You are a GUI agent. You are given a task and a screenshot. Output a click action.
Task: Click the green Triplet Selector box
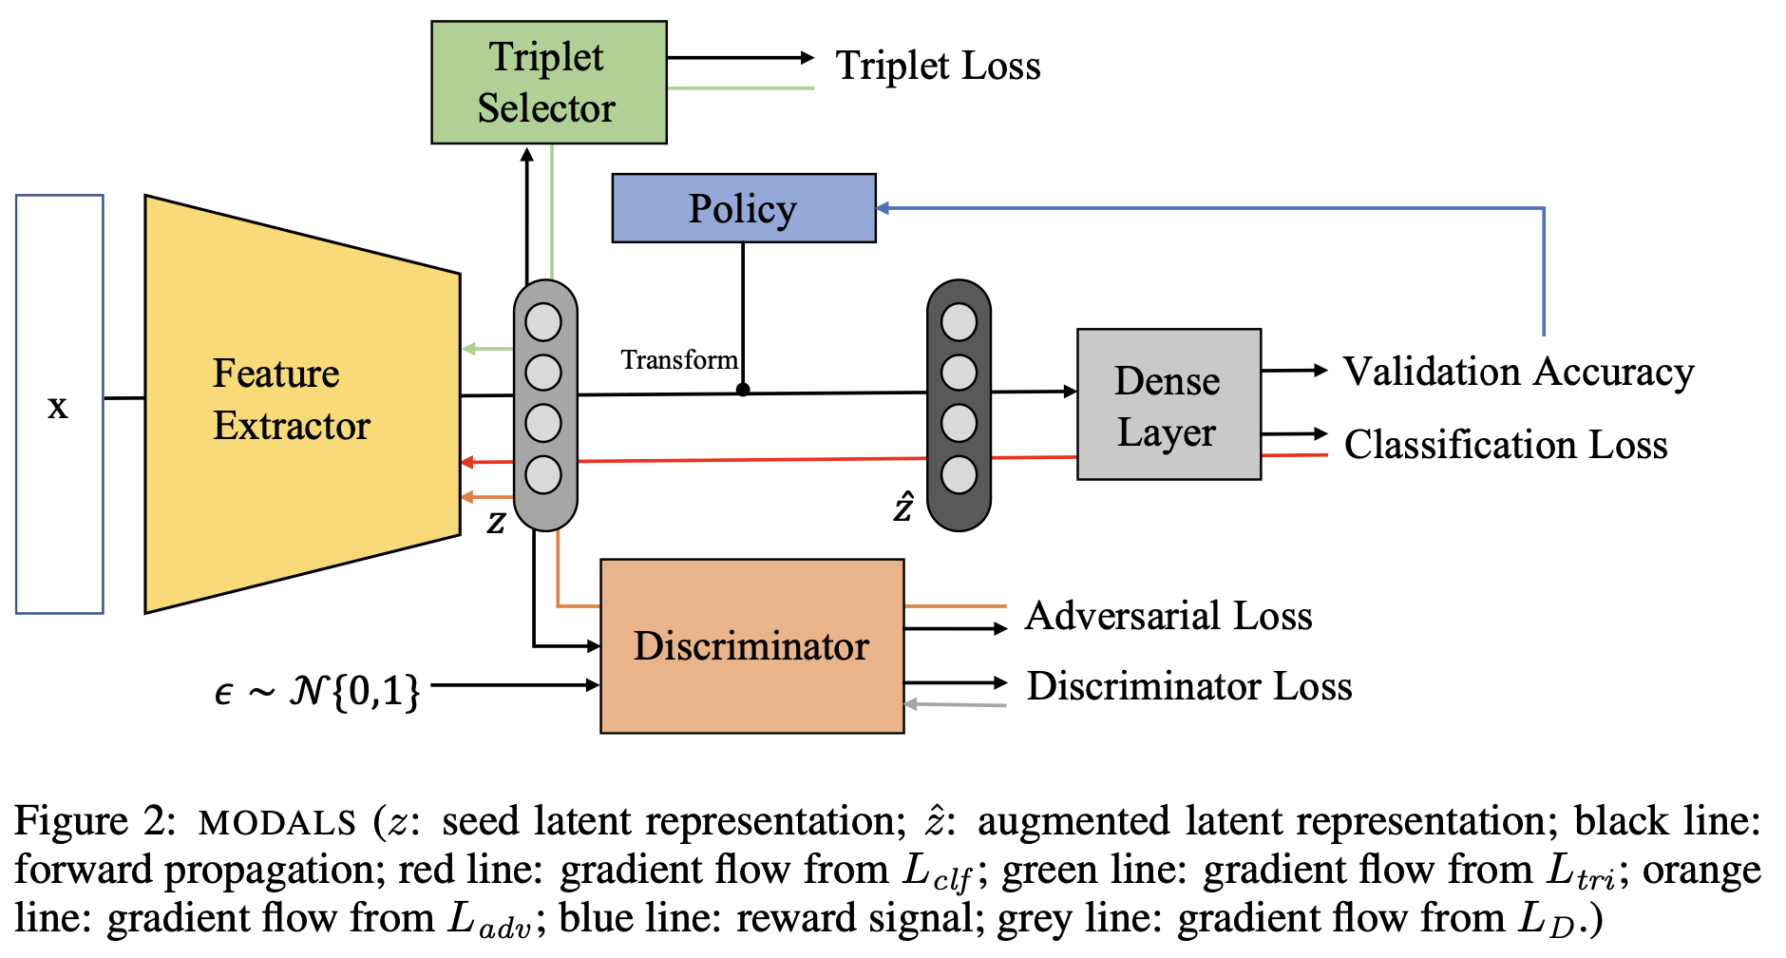click(x=548, y=83)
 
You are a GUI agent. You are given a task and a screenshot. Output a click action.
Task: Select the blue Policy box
click(x=743, y=208)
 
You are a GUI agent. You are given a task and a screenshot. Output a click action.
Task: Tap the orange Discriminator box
click(x=751, y=646)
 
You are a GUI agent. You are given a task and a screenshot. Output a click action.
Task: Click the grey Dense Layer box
click(x=1168, y=405)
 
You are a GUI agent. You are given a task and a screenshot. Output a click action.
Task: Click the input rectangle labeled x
click(x=59, y=405)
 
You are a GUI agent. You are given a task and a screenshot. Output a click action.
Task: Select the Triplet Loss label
click(x=938, y=67)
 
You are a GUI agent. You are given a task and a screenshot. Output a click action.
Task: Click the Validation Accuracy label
click(x=1517, y=372)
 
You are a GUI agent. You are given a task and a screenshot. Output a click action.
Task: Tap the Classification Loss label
click(x=1505, y=445)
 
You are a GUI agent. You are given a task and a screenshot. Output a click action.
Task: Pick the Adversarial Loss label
click(x=1168, y=616)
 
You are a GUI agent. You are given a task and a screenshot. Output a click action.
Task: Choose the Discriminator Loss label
click(x=1188, y=686)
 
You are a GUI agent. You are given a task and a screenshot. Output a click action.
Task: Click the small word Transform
click(x=678, y=360)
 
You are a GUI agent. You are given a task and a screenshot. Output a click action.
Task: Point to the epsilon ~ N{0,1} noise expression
click(x=317, y=690)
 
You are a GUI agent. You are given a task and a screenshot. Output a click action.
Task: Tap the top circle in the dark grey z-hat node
click(x=958, y=323)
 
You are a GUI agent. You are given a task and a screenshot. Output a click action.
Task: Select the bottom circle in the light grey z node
click(x=543, y=474)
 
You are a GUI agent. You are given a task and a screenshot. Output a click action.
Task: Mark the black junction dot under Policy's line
click(x=743, y=390)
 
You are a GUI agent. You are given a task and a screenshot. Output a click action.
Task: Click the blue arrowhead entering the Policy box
click(x=883, y=208)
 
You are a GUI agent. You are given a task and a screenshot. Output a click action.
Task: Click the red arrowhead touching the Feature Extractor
click(x=466, y=463)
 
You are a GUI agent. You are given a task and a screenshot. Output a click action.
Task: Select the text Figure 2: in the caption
click(x=94, y=821)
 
